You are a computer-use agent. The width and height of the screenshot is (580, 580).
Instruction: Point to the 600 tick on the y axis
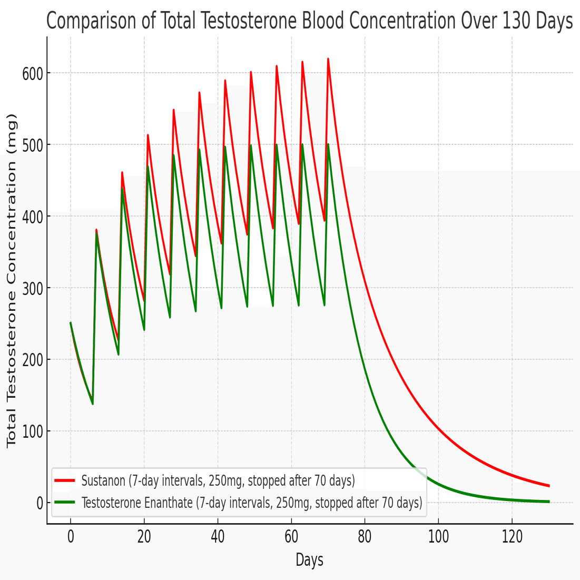point(32,73)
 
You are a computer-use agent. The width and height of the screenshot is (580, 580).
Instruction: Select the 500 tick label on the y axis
point(32,145)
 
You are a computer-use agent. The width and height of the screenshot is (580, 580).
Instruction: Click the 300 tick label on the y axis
point(32,288)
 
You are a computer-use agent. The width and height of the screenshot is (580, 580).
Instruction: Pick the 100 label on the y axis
point(32,431)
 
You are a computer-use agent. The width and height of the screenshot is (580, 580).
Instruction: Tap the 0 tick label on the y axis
point(40,503)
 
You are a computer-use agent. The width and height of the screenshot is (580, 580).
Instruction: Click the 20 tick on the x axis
point(144,537)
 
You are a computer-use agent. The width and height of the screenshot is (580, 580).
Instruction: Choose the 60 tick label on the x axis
point(291,537)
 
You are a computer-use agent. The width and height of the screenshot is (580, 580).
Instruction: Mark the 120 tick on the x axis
point(512,537)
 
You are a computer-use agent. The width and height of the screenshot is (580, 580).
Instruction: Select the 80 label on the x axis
point(365,537)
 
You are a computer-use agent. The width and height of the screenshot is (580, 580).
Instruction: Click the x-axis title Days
point(309,559)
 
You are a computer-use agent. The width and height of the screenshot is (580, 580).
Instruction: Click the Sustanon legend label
point(218,480)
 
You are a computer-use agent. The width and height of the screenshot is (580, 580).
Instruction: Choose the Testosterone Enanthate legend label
point(252,503)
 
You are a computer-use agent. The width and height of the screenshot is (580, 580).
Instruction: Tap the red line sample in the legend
point(65,480)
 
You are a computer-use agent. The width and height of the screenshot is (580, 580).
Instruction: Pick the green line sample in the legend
point(65,503)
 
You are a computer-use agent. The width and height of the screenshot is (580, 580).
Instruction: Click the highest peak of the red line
point(328,59)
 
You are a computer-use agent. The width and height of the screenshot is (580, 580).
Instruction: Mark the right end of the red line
point(549,486)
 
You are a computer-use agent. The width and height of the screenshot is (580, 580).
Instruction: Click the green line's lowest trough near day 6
point(93,404)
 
